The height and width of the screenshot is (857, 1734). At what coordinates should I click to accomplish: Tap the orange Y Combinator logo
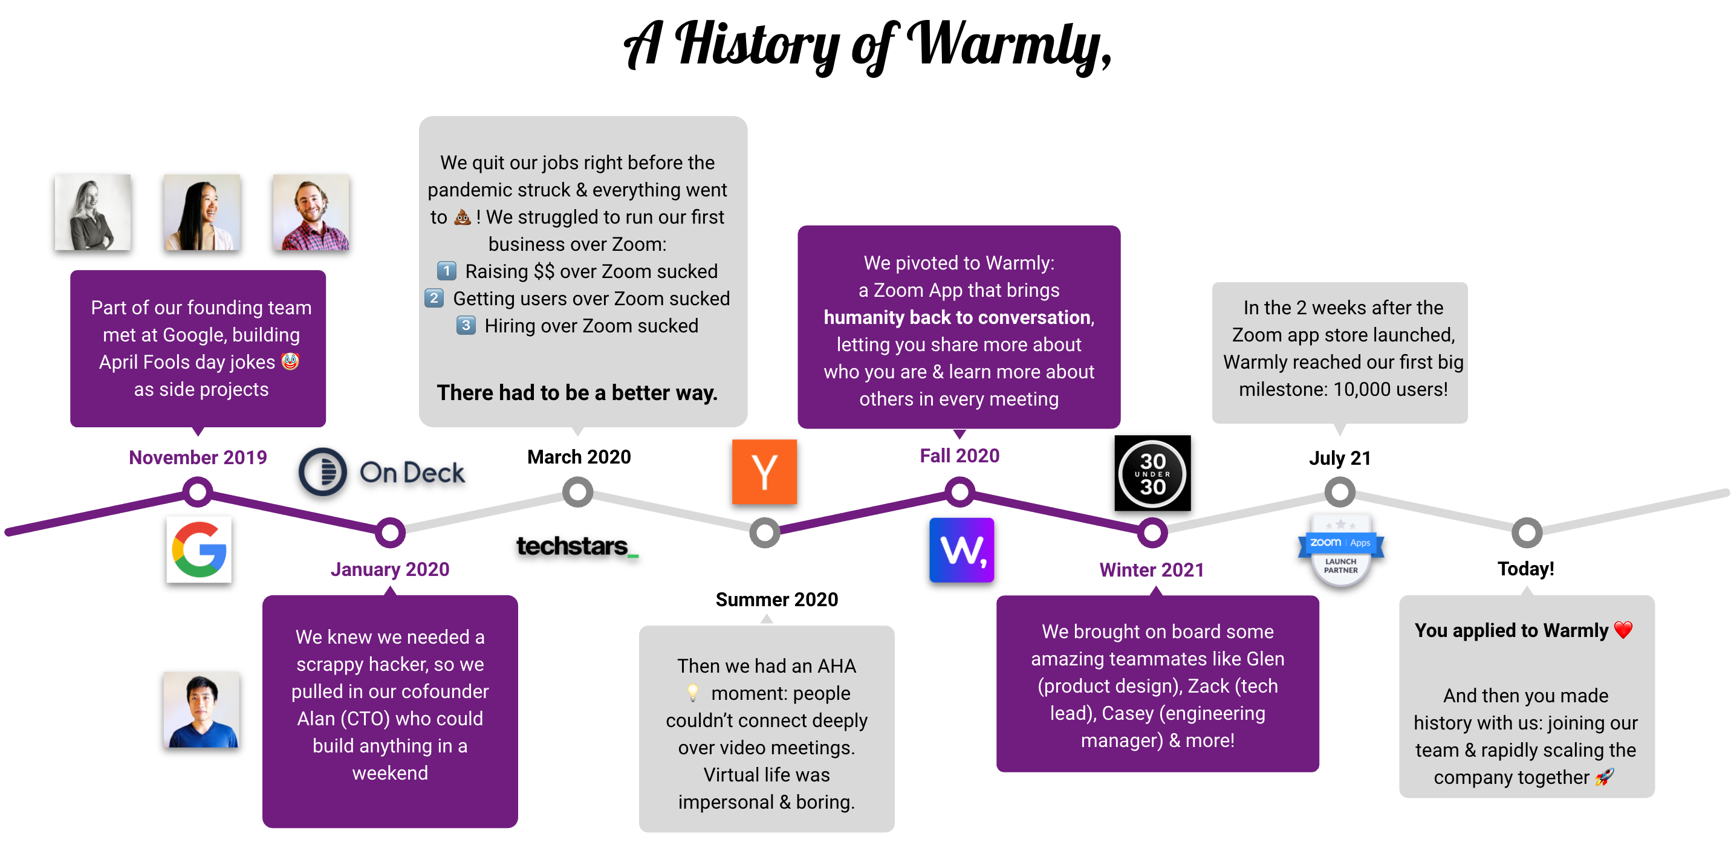point(764,471)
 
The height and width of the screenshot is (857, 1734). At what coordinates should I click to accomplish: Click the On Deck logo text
point(412,473)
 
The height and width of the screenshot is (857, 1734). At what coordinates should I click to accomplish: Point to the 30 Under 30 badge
point(1152,473)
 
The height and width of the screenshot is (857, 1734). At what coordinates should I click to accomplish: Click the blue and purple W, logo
point(962,550)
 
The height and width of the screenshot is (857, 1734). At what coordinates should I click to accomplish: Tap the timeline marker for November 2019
point(198,492)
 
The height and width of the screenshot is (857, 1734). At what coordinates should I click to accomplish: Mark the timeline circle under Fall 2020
point(960,492)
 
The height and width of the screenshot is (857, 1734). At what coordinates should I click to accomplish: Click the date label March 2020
point(579,457)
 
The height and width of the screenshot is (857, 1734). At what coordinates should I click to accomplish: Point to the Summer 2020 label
point(777,600)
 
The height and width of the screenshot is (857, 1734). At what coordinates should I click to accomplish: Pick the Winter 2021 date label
point(1152,570)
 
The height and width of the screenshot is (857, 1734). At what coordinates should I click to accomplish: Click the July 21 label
point(1340,458)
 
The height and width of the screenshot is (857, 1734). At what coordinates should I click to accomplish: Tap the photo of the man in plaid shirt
point(311,213)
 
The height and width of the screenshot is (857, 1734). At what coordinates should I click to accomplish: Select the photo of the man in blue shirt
point(201,710)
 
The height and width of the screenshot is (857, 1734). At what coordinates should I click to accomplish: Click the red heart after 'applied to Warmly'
point(1623,630)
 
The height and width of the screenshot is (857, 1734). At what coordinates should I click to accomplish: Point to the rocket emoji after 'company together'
point(1605,777)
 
